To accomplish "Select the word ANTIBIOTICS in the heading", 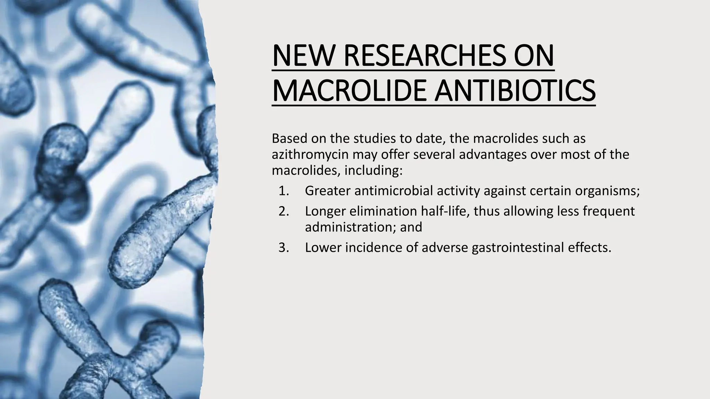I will pyautogui.click(x=515, y=90).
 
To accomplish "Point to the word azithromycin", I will pyautogui.click(x=310, y=154).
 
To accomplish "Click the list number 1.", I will pyautogui.click(x=283, y=191).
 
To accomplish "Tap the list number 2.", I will pyautogui.click(x=283, y=211).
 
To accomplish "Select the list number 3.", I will pyautogui.click(x=283, y=248).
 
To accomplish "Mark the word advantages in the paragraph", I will pyautogui.click(x=493, y=154).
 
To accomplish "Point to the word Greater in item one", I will pyautogui.click(x=328, y=191).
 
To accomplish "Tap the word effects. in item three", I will pyautogui.click(x=589, y=248).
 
